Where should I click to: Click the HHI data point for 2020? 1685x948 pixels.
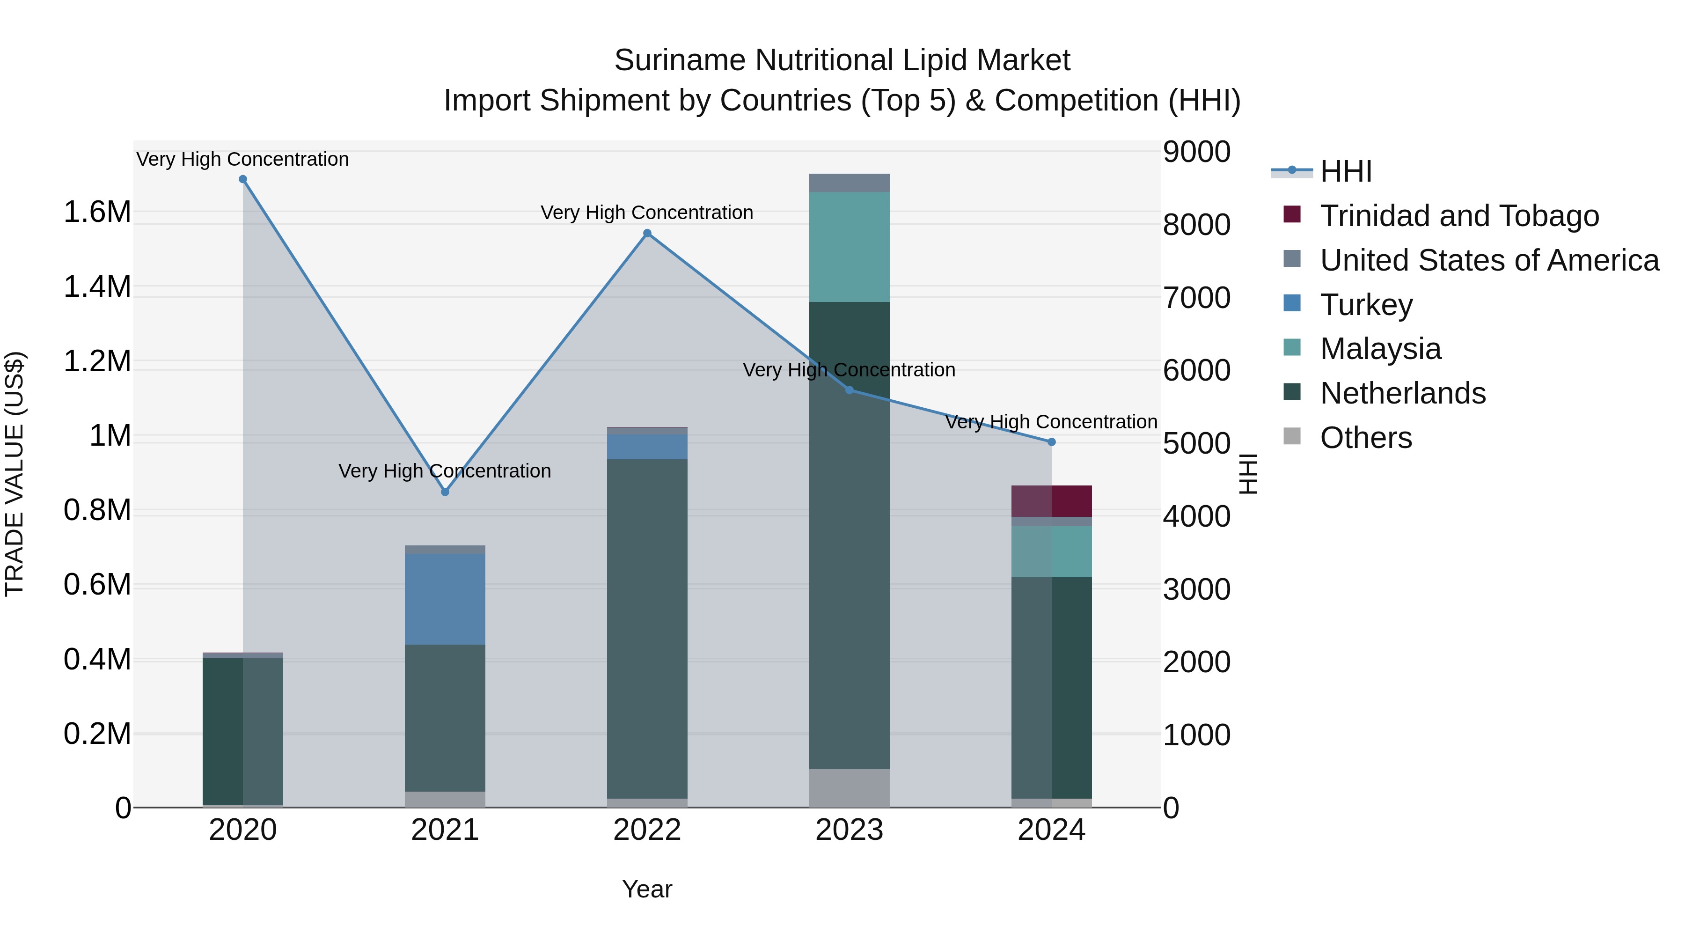(242, 179)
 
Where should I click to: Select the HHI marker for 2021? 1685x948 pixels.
(445, 492)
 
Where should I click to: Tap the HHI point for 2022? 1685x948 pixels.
(647, 233)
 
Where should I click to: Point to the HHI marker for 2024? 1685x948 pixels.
(1051, 442)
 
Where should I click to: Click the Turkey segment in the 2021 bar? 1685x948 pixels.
(445, 599)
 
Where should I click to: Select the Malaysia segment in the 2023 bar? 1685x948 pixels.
(849, 247)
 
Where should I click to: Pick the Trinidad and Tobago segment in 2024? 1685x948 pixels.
(1051, 501)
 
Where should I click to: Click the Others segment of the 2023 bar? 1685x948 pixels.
(849, 788)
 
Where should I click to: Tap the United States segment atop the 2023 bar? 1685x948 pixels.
(849, 183)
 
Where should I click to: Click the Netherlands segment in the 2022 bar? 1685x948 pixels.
(647, 628)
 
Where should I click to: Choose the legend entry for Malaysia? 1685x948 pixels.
(1380, 349)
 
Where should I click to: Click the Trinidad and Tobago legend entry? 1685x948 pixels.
(1458, 216)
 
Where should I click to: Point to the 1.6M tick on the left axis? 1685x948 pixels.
(97, 213)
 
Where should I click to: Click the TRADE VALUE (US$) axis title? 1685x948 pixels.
(15, 474)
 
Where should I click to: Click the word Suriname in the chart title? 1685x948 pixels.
(680, 60)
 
